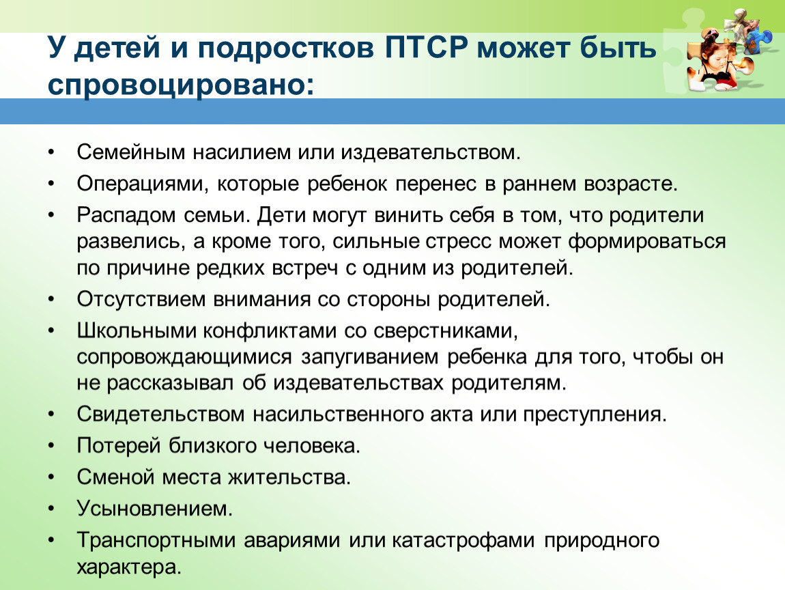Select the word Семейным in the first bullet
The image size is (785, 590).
(x=131, y=152)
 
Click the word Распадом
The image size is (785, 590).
(x=126, y=215)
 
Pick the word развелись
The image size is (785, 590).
(x=128, y=242)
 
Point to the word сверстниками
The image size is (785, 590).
(x=446, y=331)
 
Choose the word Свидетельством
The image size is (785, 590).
(x=160, y=415)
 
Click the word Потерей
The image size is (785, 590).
(x=119, y=446)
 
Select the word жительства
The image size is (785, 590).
(x=289, y=477)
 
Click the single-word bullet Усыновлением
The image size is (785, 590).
(x=155, y=509)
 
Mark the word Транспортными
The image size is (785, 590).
(x=156, y=541)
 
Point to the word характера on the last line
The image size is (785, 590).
(x=128, y=567)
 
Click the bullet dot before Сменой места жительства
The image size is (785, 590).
(x=51, y=478)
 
